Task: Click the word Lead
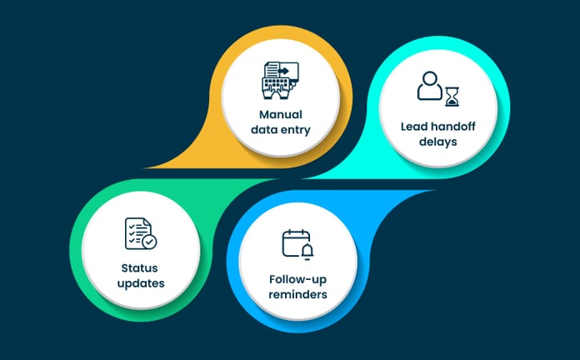coord(414,124)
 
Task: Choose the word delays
coord(438,141)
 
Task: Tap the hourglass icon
coord(452,96)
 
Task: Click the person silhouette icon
coord(430,87)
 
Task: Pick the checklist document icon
coord(137,234)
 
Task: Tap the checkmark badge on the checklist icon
coord(148,242)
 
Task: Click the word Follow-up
coord(298,279)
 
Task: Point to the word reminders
coord(298,296)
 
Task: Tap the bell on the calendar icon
coord(307,250)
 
